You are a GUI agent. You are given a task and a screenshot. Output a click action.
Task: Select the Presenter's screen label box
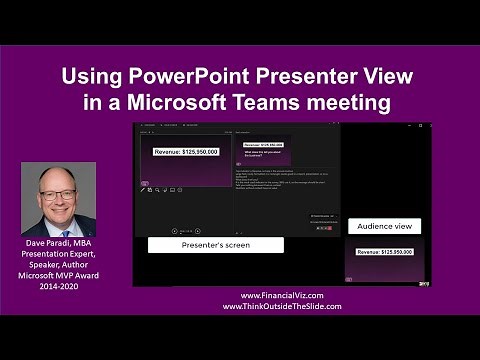[x=214, y=244]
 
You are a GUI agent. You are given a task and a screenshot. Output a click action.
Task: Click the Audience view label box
[x=384, y=227]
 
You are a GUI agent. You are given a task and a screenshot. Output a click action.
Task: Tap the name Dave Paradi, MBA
[x=58, y=244]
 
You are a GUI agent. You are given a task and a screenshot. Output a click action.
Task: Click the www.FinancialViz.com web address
[x=291, y=296]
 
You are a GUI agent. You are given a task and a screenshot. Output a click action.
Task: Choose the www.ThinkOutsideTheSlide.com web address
[x=282, y=307]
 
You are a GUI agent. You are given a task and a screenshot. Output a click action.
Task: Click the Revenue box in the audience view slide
[x=384, y=252]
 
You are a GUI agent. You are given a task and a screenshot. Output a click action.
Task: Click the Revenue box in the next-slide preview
[x=262, y=144]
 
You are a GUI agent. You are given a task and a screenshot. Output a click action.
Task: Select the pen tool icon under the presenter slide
[x=142, y=189]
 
